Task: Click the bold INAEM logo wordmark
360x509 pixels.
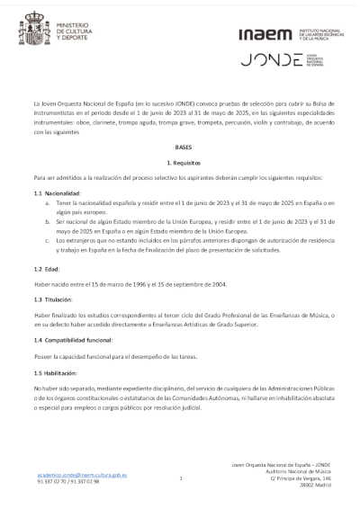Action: tap(265, 35)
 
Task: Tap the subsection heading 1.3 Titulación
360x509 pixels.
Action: tap(54, 299)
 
